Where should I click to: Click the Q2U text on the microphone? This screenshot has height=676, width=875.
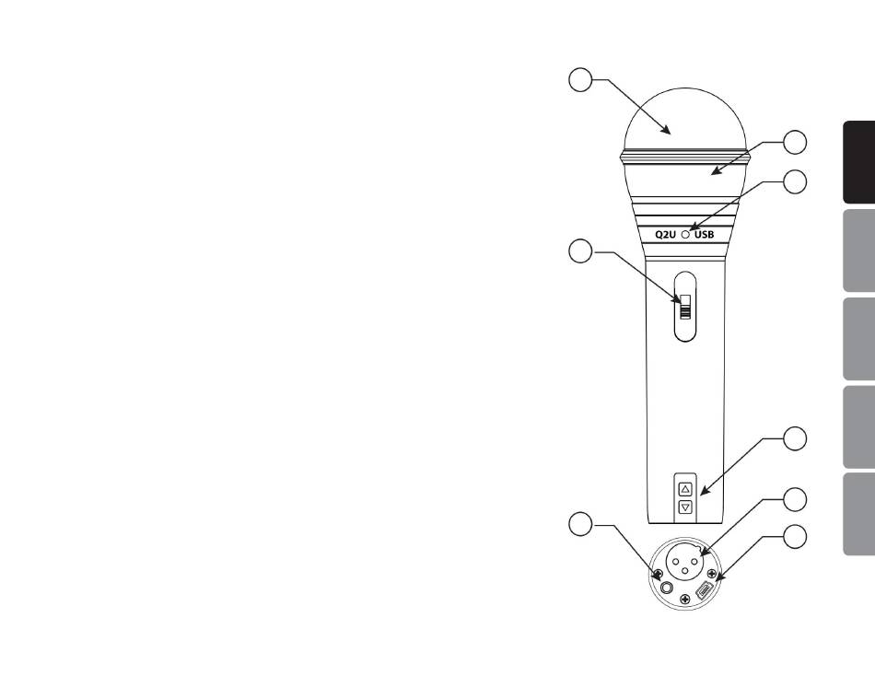pyautogui.click(x=665, y=235)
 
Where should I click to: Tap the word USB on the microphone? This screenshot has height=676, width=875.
pyautogui.click(x=705, y=235)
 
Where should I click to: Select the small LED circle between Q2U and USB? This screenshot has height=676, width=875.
pyautogui.click(x=685, y=235)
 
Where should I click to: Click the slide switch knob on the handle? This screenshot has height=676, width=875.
pyautogui.click(x=685, y=307)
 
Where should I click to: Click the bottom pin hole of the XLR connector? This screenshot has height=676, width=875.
pyautogui.click(x=685, y=573)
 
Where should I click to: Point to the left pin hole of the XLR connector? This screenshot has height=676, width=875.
pyautogui.click(x=676, y=562)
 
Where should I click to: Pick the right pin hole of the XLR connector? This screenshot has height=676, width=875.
pyautogui.click(x=694, y=562)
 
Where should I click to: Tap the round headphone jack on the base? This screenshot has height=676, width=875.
pyautogui.click(x=667, y=588)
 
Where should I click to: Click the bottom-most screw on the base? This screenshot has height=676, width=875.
pyautogui.click(x=685, y=600)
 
